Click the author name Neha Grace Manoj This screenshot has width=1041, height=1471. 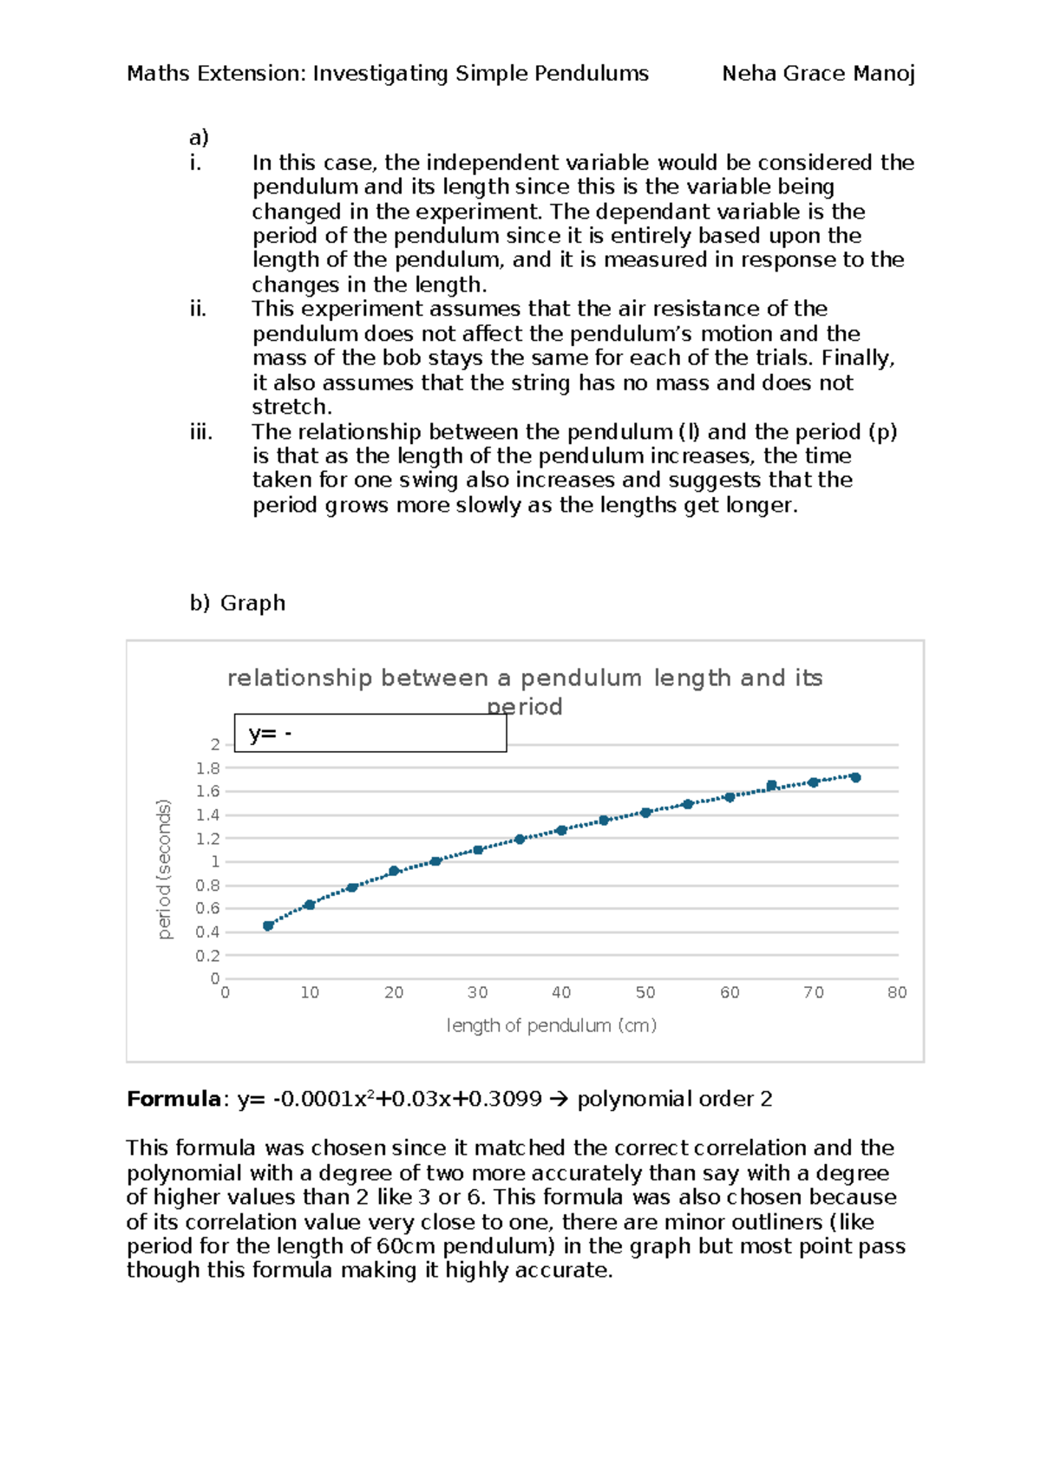(x=818, y=74)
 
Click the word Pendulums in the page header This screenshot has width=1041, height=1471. (x=591, y=74)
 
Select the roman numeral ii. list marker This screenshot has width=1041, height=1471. (x=198, y=309)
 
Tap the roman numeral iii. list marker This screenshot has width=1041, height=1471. (x=200, y=432)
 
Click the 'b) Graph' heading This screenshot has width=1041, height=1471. (x=237, y=603)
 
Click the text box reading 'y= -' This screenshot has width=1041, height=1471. (x=370, y=734)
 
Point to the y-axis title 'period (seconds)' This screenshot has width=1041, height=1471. (x=164, y=869)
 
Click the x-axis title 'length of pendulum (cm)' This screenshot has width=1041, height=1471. (x=551, y=1025)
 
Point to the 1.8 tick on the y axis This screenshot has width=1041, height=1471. (x=207, y=768)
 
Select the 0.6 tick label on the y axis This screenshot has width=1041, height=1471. (x=207, y=909)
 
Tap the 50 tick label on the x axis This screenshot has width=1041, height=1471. (x=645, y=993)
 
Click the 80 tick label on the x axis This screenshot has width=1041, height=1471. (x=897, y=993)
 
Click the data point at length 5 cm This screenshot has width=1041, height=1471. (x=268, y=926)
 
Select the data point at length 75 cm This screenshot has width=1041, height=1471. (x=855, y=778)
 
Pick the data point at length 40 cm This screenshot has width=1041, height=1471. (x=561, y=831)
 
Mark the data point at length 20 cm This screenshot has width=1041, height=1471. (x=394, y=871)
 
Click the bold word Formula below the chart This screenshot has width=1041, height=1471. (x=173, y=1100)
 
